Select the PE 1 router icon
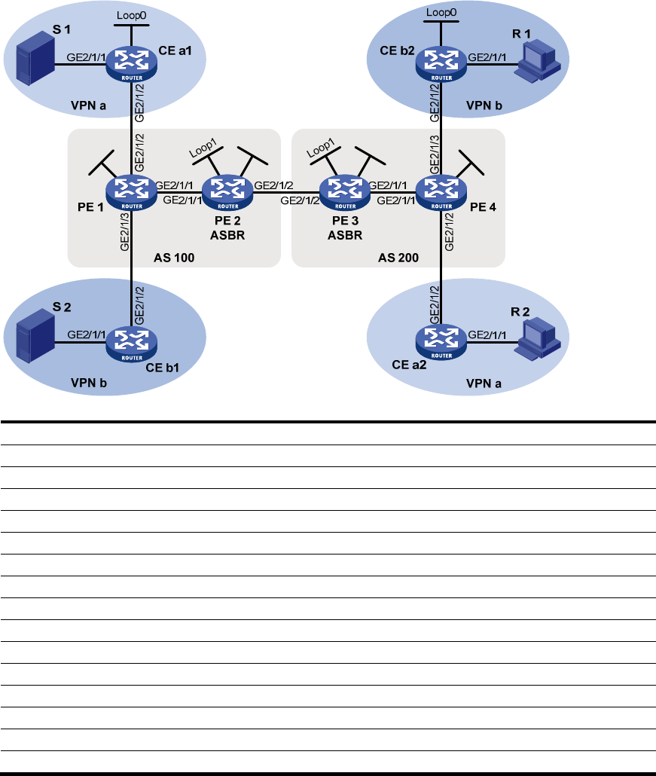coord(132,191)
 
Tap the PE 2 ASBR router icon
coord(227,191)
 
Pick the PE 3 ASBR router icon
coord(345,191)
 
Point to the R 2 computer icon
coord(539,337)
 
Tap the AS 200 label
coord(397,257)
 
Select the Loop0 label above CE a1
coord(132,14)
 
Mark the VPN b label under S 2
coord(89,383)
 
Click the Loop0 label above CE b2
coord(441,12)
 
